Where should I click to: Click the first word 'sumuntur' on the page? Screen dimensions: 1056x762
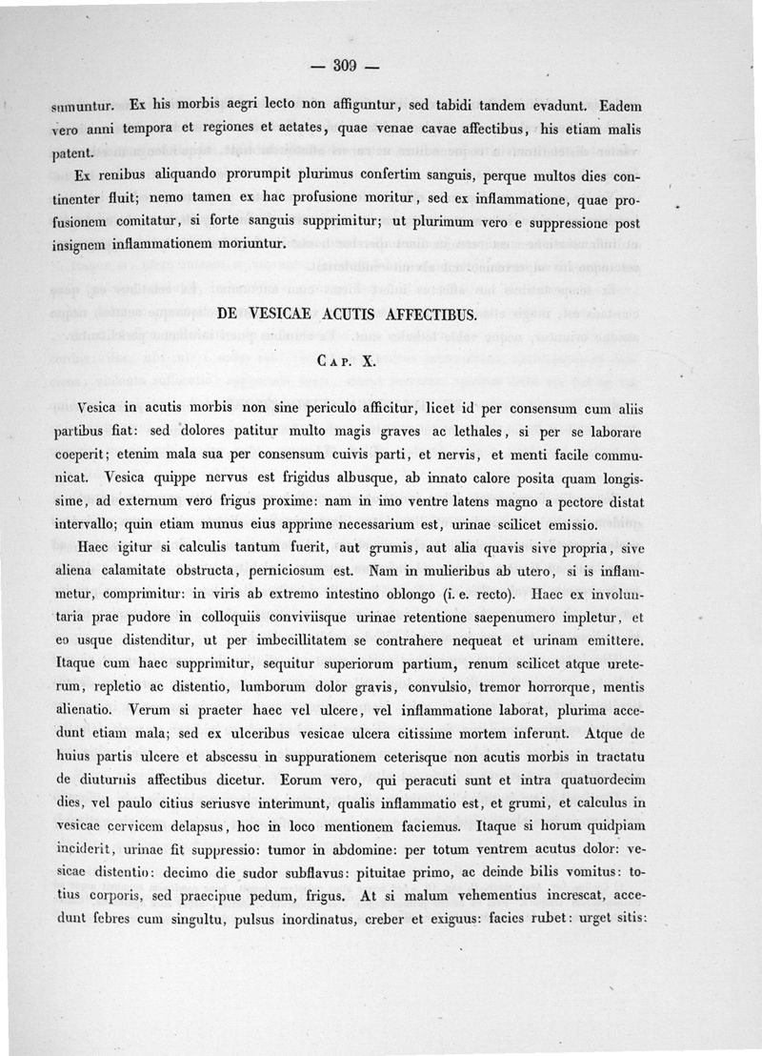coord(82,105)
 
